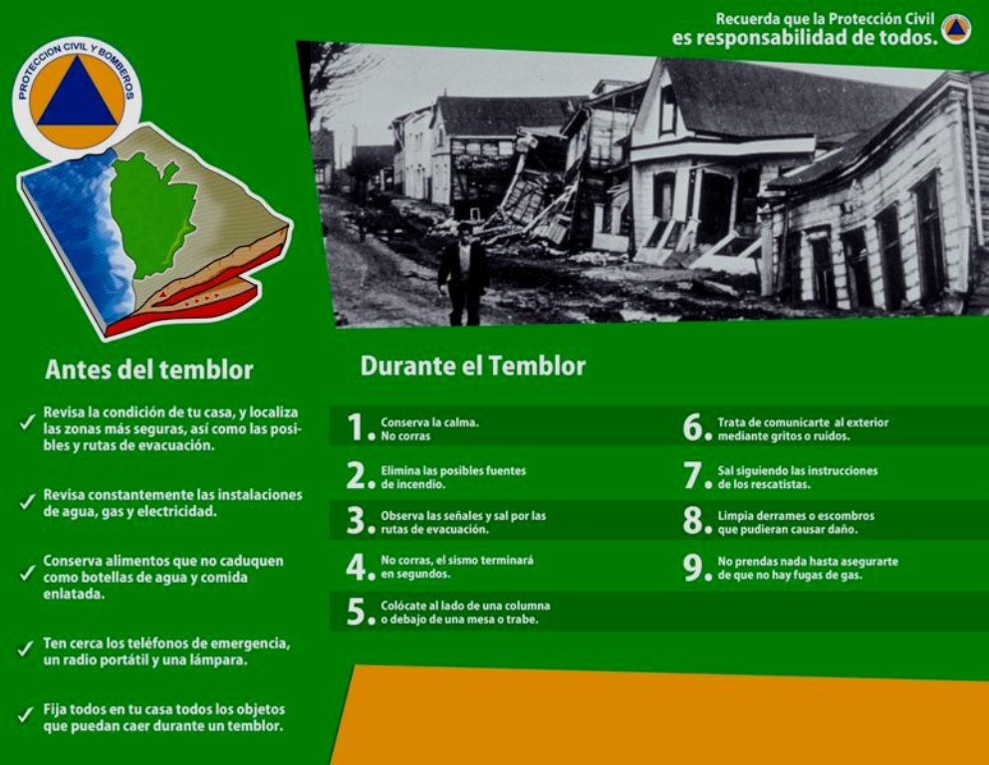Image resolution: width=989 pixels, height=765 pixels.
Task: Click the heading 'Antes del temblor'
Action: click(148, 370)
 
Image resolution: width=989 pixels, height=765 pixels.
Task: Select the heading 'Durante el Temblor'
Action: click(473, 366)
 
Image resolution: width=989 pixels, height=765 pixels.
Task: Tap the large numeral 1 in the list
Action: click(356, 427)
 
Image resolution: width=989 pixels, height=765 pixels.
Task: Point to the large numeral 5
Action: click(356, 612)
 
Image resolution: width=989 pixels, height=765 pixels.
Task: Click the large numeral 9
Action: click(692, 567)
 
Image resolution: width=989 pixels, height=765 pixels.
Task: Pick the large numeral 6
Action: click(692, 427)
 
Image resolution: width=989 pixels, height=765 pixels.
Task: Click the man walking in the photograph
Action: click(463, 274)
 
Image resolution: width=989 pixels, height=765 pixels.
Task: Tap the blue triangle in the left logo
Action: click(77, 92)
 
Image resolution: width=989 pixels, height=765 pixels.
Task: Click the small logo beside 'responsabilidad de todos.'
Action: click(956, 29)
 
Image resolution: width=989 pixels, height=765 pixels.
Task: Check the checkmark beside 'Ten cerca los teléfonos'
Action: click(26, 648)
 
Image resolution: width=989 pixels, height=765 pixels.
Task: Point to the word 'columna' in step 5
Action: click(528, 606)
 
